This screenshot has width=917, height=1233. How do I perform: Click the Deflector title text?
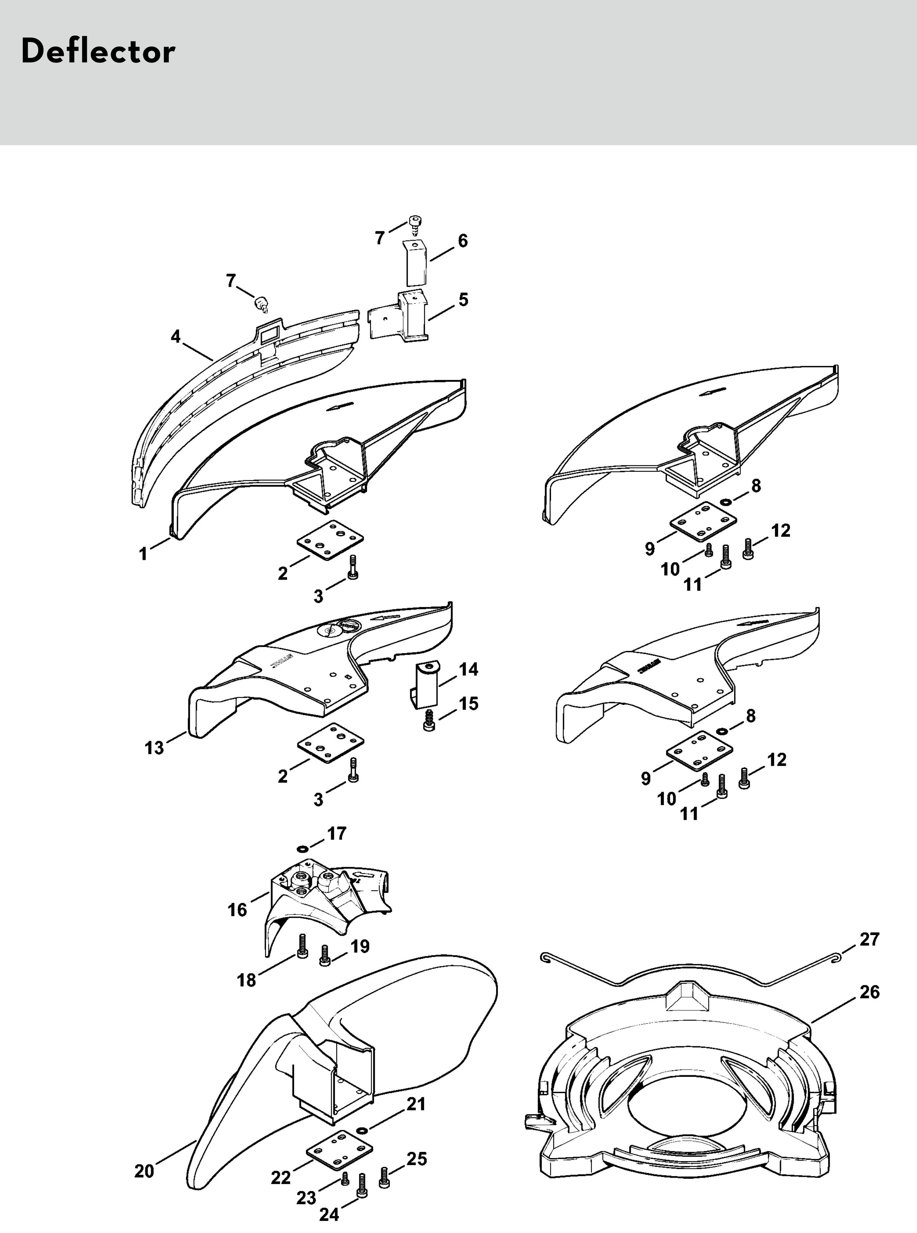(x=98, y=52)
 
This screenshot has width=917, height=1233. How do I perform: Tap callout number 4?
(x=176, y=336)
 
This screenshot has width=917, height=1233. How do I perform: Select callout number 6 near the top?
(x=462, y=241)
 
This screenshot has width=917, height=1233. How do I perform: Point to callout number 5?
(x=463, y=300)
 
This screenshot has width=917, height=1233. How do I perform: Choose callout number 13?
(x=154, y=748)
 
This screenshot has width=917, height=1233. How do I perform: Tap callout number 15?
(x=468, y=704)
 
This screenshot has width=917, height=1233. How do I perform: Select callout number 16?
(x=237, y=910)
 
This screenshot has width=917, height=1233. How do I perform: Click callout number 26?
(x=869, y=992)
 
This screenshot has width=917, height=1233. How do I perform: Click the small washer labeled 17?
(x=302, y=848)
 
